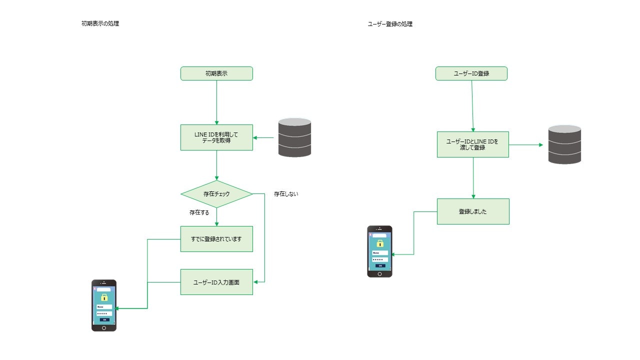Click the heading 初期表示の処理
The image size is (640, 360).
[100, 23]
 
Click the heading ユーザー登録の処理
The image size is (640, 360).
[390, 23]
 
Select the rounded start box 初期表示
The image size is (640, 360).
[216, 73]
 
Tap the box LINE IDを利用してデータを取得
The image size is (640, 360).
[216, 137]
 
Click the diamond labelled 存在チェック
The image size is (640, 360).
[216, 194]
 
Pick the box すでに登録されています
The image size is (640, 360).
[216, 239]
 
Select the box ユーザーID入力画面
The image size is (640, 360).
[216, 282]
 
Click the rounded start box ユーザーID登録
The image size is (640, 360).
[471, 73]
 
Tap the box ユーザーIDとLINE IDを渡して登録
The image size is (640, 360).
[472, 144]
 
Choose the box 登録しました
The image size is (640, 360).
[472, 211]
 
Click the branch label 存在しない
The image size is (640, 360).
[286, 194]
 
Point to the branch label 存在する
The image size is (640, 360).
[199, 212]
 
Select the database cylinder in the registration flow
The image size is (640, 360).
[564, 144]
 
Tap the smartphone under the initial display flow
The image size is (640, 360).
[104, 305]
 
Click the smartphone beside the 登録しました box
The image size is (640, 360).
[380, 251]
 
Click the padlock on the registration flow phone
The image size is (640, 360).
[380, 243]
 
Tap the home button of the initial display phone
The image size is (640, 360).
[104, 328]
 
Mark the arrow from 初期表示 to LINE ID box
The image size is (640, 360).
[216, 102]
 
